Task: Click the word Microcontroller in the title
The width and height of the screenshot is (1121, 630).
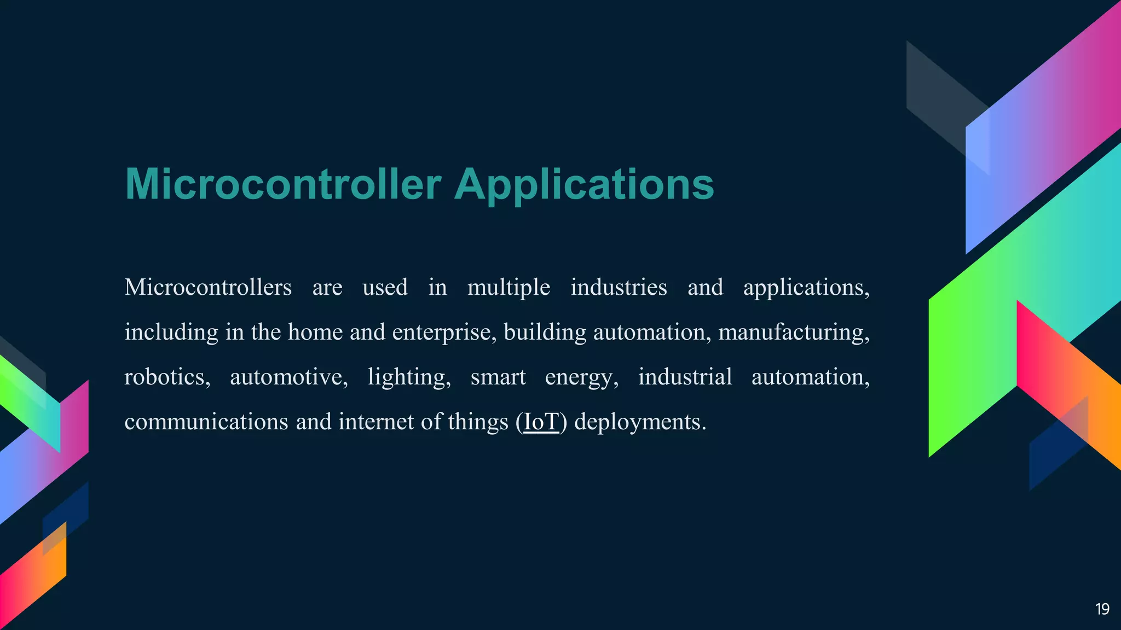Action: (x=283, y=184)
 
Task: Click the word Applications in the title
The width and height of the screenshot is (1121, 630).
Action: (x=584, y=184)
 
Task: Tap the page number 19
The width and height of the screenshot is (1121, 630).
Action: (x=1102, y=609)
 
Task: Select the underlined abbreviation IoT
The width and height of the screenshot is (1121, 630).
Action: (x=541, y=422)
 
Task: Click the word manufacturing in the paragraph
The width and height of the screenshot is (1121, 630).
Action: (x=793, y=332)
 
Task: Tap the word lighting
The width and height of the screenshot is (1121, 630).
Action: (x=409, y=377)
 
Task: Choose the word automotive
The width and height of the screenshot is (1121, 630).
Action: (x=288, y=377)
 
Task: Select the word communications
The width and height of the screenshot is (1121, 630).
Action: (x=206, y=422)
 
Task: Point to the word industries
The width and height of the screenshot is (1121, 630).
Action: (x=619, y=287)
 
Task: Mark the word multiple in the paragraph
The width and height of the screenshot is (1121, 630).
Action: (x=509, y=287)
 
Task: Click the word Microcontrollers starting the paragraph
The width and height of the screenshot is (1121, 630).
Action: (x=208, y=287)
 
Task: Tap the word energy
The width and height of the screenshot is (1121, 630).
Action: (x=582, y=377)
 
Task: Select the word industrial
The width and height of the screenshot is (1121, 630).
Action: (x=685, y=377)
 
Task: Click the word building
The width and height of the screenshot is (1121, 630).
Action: (x=545, y=332)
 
